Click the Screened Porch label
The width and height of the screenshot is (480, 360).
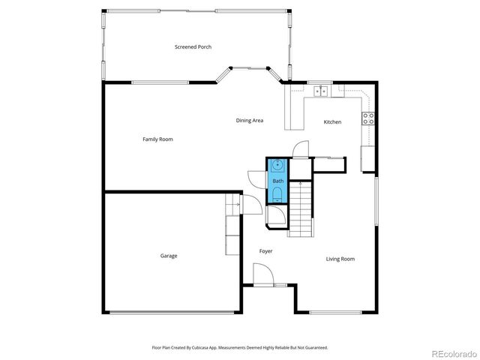(193, 47)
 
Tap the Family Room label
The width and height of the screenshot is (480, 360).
(157, 139)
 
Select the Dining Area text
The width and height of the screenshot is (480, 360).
(249, 121)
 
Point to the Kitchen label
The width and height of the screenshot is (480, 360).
(332, 122)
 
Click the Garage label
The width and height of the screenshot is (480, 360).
(168, 256)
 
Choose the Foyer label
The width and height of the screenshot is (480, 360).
(265, 251)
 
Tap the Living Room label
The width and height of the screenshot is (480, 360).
(340, 259)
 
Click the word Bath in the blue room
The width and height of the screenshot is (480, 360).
(277, 181)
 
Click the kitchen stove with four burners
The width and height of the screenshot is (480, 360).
(369, 118)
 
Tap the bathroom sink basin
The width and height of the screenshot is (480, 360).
(277, 165)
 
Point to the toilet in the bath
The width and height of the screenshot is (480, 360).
(277, 195)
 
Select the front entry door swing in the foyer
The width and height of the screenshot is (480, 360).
(263, 277)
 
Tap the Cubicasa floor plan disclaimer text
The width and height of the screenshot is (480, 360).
(240, 348)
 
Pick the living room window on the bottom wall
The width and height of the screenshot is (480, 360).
(336, 312)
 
